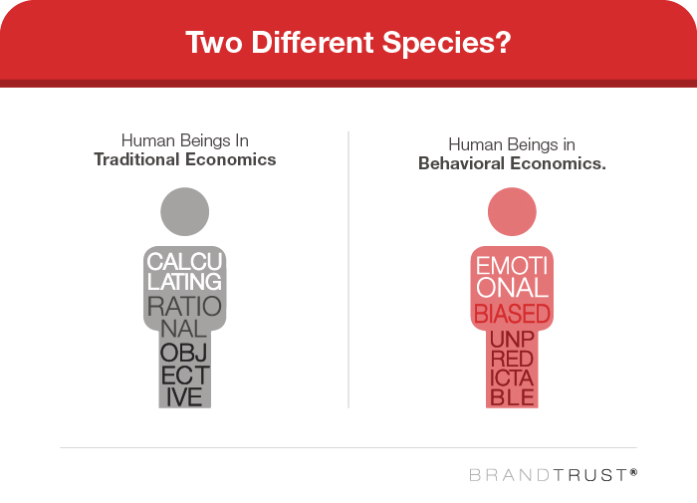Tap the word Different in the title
point(313,42)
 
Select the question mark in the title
point(503,42)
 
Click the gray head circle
point(185,212)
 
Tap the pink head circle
point(512,212)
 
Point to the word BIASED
point(512,314)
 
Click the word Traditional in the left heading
point(137,159)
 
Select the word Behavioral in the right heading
point(461,163)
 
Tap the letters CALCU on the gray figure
point(184,262)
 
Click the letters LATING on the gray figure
point(184,282)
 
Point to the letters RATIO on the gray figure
point(184,307)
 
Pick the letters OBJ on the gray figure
point(184,354)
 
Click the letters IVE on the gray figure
point(184,397)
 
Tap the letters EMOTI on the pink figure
point(512,266)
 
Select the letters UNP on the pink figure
point(512,340)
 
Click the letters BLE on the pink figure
point(512,397)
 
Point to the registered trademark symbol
point(633,472)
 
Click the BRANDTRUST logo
point(553,475)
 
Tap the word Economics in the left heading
point(231,159)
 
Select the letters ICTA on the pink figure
point(512,378)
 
